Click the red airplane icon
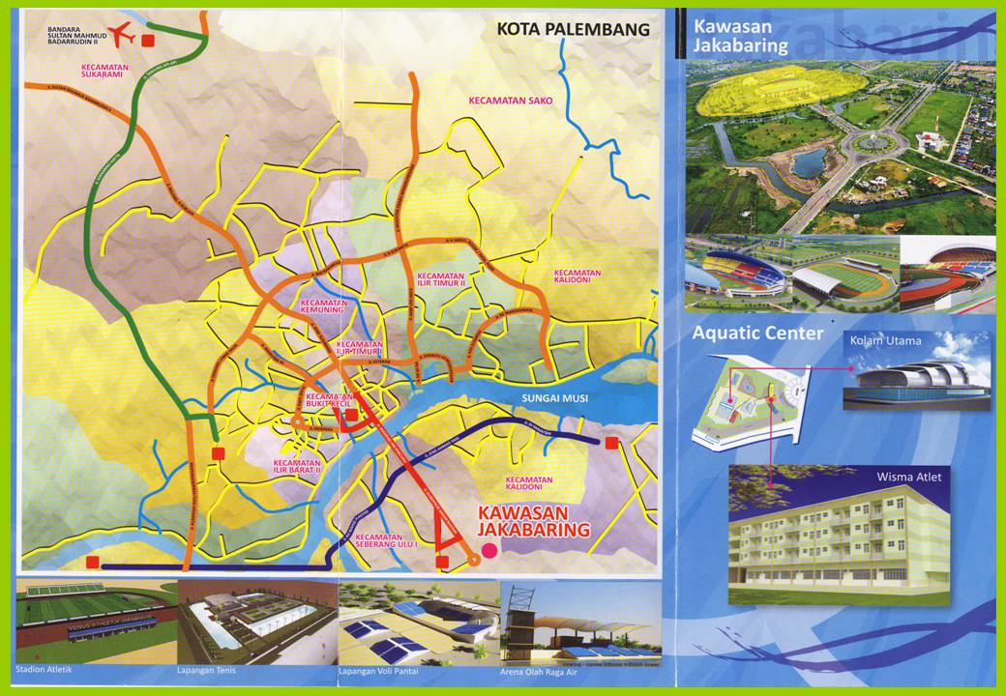122,35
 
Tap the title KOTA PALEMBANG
573,29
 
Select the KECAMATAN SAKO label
503,100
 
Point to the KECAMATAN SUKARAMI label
107,69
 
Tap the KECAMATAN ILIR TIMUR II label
442,279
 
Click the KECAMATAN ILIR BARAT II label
298,468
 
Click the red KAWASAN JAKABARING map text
534,522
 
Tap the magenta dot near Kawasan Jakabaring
489,550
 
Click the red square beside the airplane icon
149,41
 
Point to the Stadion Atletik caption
44,669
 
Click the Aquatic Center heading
757,333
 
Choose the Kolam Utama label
885,340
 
